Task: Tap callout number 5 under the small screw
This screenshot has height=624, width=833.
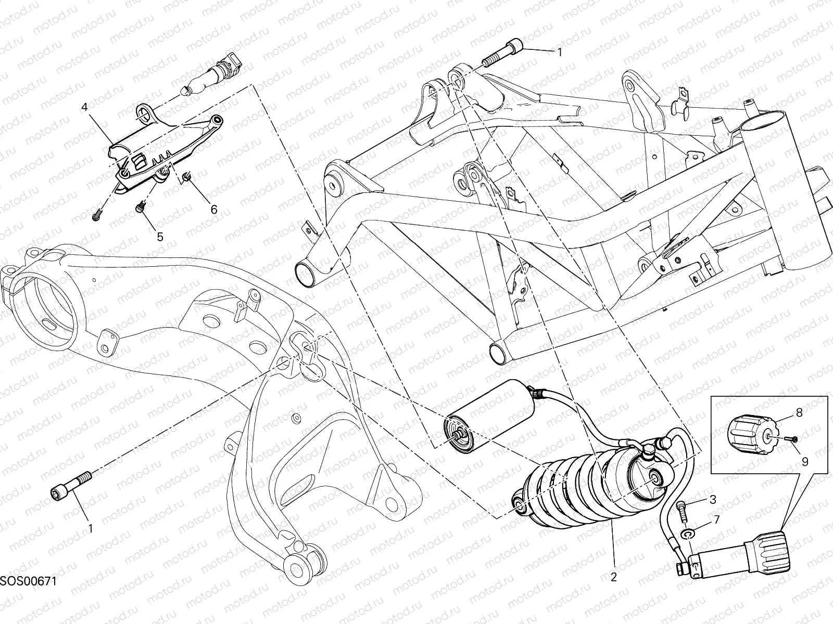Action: coord(160,237)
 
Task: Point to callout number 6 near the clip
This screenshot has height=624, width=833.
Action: coord(213,209)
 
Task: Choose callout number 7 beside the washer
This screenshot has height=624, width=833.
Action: coord(716,519)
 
